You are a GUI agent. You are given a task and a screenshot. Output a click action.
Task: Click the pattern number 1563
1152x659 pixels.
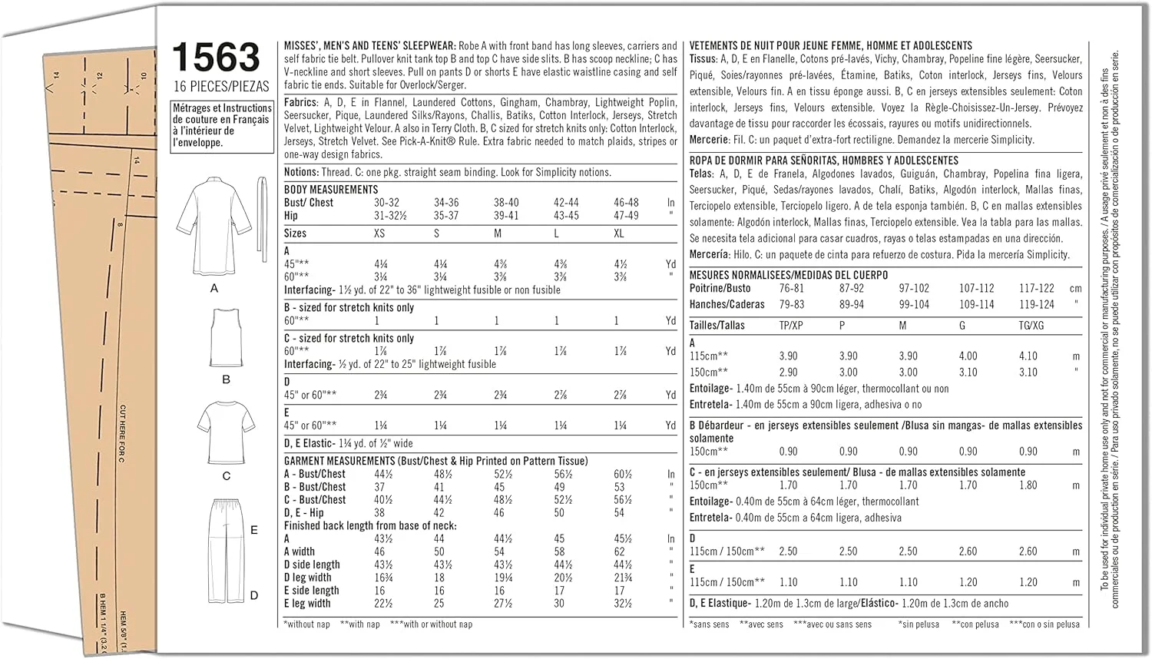pyautogui.click(x=217, y=58)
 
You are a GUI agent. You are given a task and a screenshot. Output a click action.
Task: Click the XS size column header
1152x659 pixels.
pyautogui.click(x=379, y=233)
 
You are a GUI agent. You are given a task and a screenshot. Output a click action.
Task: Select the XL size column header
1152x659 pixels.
pyautogui.click(x=619, y=233)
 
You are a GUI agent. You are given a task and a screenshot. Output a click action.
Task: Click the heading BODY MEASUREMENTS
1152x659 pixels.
pyautogui.click(x=331, y=190)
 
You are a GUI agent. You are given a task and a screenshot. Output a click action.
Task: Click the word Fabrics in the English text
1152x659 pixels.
pyautogui.click(x=300, y=102)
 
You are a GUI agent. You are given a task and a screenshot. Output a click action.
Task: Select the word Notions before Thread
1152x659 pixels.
pyautogui.click(x=301, y=173)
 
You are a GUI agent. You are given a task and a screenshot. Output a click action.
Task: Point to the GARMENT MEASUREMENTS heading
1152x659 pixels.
pyautogui.click(x=339, y=461)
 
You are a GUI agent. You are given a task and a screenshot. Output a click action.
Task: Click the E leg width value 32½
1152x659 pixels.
pyautogui.click(x=623, y=604)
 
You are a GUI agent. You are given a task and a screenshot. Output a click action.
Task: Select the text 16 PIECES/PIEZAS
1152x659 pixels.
pyautogui.click(x=221, y=86)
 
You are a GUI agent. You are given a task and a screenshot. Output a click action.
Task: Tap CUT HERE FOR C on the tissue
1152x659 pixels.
pyautogui.click(x=122, y=434)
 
